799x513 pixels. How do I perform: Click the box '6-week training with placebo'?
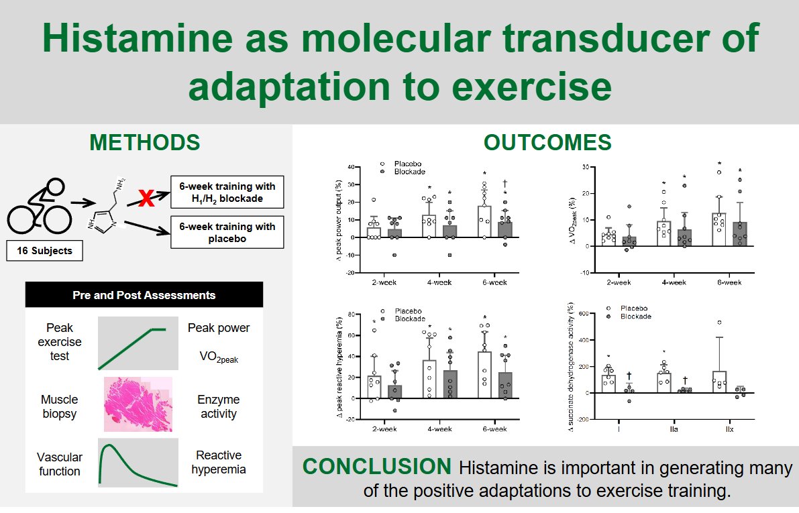coord(227,232)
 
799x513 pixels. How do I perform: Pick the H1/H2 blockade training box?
coord(227,192)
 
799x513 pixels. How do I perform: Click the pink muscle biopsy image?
coord(138,404)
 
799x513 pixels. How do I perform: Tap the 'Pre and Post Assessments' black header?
coord(144,295)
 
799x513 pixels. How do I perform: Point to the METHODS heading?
coord(145,143)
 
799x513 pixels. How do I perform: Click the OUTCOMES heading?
coord(547,143)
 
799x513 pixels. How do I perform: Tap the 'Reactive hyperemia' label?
coord(219,462)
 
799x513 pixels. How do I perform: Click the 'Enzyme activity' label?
coord(219,406)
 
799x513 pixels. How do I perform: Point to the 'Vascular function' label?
coord(60,464)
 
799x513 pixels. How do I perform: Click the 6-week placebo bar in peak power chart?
coord(484,221)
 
